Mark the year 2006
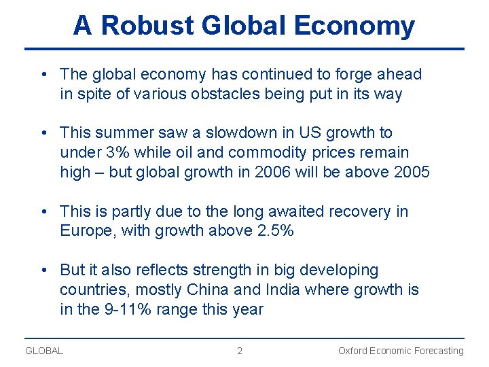point(272,172)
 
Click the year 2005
point(412,172)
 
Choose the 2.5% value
point(276,231)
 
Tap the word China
point(208,290)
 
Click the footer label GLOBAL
point(44,351)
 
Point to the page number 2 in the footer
point(239,351)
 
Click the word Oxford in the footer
point(353,351)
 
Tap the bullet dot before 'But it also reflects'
point(43,270)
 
